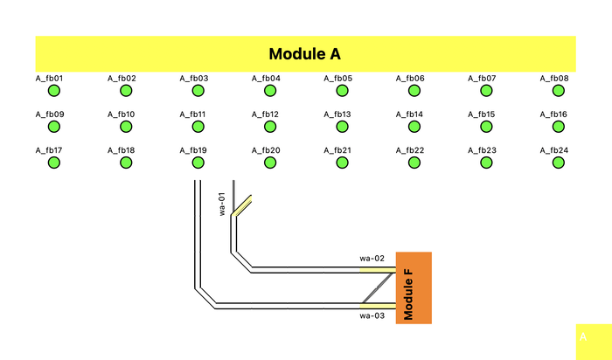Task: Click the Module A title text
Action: (304, 54)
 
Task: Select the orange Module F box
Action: (414, 287)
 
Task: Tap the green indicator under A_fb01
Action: (53, 91)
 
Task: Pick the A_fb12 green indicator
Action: (270, 127)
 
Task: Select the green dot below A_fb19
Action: (198, 163)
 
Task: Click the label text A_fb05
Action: (337, 79)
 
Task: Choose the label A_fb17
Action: (49, 150)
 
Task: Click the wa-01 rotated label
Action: (222, 204)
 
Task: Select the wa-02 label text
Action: (372, 259)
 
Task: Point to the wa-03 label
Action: (372, 315)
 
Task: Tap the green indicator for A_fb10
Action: (126, 127)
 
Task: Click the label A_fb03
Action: (193, 79)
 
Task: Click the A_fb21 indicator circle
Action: (342, 163)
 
